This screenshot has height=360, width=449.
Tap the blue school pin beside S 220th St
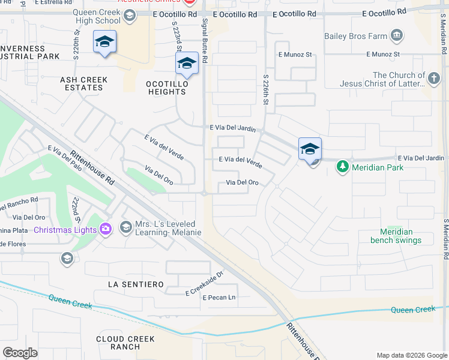pos(104,43)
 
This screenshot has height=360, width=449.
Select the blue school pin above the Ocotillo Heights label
pos(187,64)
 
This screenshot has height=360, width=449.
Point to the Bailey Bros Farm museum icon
pos(396,36)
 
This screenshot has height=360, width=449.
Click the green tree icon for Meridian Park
pos(342,167)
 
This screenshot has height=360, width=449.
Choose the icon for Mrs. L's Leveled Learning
pos(125,226)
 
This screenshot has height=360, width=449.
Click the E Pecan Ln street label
pos(219,298)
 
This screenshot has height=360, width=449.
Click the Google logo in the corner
pos(20,352)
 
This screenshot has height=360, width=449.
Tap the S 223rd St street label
pos(176,38)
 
